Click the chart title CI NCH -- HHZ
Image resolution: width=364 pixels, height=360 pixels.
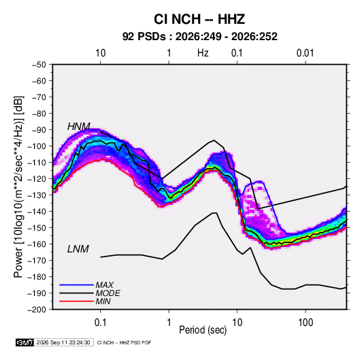pos(199,19)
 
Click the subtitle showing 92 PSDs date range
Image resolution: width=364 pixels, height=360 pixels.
pos(200,37)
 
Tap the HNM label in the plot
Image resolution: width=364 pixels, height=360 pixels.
pos(79,127)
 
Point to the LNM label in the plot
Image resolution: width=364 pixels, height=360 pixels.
pos(78,249)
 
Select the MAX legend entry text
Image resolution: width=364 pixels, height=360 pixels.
pos(105,284)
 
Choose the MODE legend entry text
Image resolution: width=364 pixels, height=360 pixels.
pos(108,293)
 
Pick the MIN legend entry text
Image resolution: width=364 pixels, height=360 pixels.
pos(103,301)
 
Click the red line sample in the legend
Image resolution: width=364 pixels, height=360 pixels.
pos(76,301)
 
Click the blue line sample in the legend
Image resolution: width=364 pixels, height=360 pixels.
pos(76,284)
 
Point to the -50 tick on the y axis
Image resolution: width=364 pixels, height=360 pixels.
pos(39,65)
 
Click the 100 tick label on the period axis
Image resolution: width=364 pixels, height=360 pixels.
pos(305,323)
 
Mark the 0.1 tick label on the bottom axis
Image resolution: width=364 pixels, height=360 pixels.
pos(100,323)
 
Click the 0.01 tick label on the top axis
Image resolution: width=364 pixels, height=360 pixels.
pos(305,53)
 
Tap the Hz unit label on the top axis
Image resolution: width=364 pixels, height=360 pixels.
pos(203,53)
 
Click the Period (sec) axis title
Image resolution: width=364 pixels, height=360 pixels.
pos(203,330)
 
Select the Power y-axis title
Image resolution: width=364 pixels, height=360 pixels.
pos(18,186)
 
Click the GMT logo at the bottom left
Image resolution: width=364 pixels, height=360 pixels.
pos(24,342)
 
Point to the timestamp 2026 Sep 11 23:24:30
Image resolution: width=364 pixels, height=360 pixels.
pos(63,342)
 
